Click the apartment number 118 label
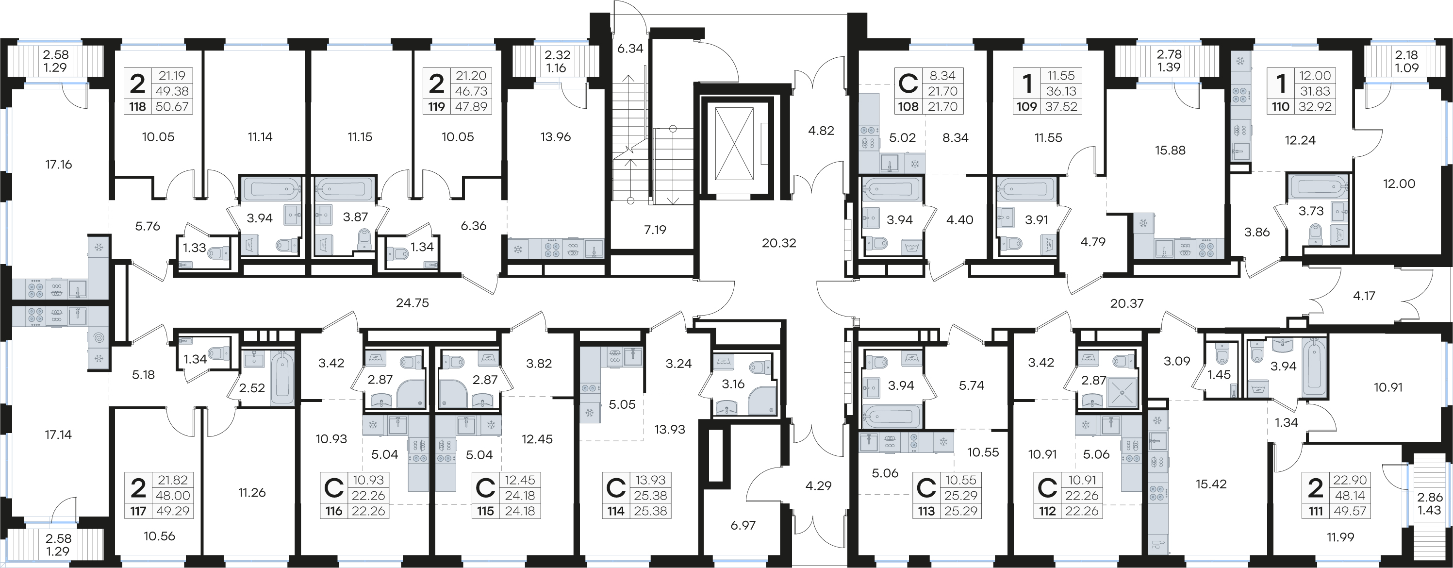[138, 107]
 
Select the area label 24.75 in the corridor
[413, 303]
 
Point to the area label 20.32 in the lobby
[779, 243]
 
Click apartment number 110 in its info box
[1281, 107]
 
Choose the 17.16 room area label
[59, 165]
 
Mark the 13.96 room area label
[556, 136]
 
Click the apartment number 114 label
[616, 511]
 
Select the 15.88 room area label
[1170, 150]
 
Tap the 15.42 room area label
[1211, 484]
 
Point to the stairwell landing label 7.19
[655, 230]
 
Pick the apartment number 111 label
[1315, 511]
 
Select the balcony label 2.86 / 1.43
[1429, 504]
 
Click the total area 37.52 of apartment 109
[1061, 107]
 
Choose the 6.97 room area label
[743, 525]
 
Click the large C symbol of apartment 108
[908, 84]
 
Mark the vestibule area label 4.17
[1364, 296]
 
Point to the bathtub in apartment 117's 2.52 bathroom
[282, 377]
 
